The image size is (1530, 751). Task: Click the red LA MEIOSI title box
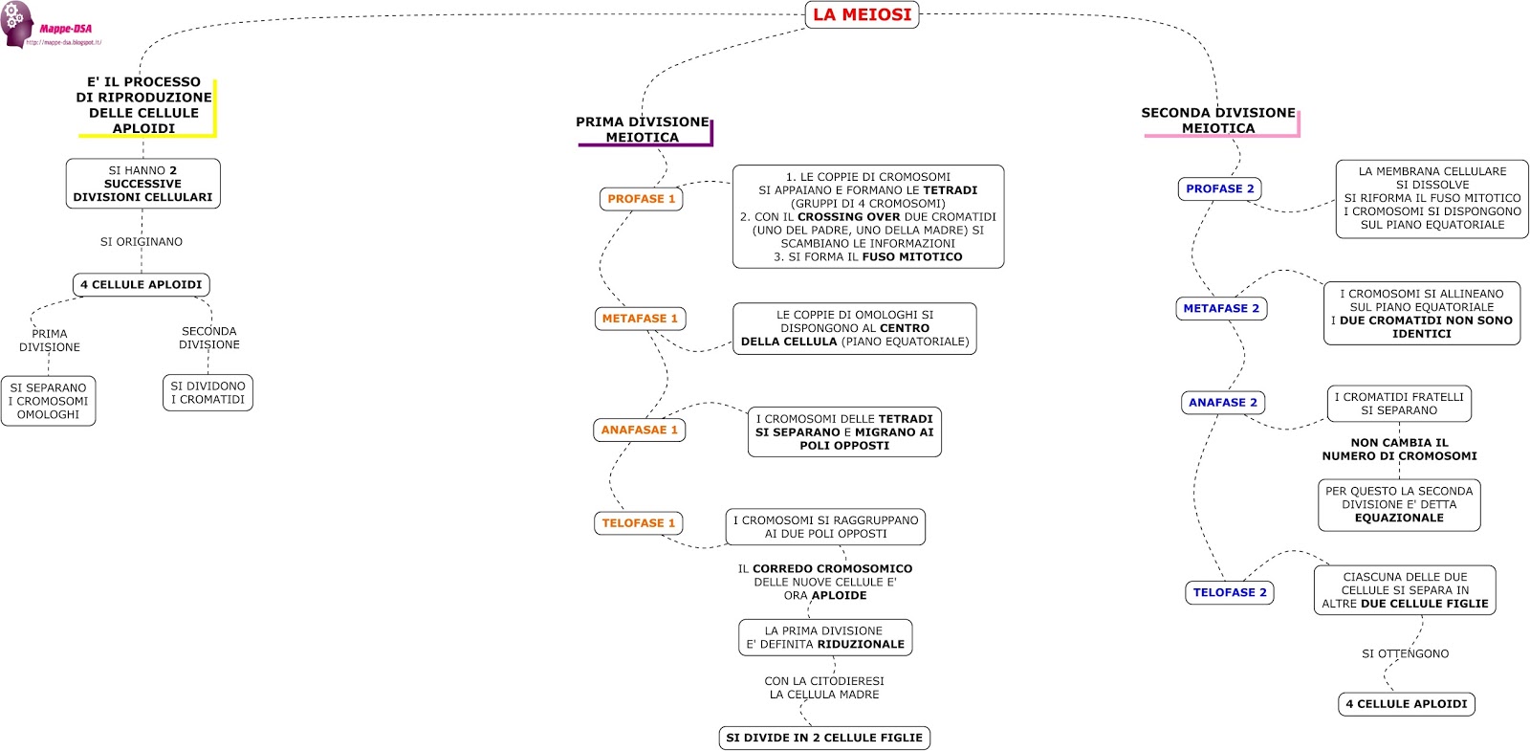(862, 14)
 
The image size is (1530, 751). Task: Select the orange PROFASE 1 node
(641, 199)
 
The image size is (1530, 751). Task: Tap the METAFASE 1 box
(640, 319)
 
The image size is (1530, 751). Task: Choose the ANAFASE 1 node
(639, 431)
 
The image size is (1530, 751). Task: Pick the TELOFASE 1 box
(638, 523)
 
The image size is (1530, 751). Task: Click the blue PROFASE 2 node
(1219, 188)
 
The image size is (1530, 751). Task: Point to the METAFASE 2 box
(1220, 308)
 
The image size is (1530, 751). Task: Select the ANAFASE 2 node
(1222, 403)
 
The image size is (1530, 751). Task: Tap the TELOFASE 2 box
(1229, 592)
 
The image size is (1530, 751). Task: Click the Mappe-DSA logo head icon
(16, 24)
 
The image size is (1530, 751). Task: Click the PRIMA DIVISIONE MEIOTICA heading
(642, 129)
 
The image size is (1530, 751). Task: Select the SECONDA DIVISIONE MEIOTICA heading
(1217, 120)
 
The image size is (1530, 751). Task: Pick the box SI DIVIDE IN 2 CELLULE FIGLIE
(823, 738)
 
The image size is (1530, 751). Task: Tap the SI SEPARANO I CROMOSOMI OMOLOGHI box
(48, 401)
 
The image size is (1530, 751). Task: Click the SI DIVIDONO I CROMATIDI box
(208, 392)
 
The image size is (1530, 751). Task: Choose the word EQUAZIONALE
(1399, 518)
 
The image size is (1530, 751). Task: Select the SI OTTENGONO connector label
(1405, 653)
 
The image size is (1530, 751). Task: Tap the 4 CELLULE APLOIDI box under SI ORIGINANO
(141, 284)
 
